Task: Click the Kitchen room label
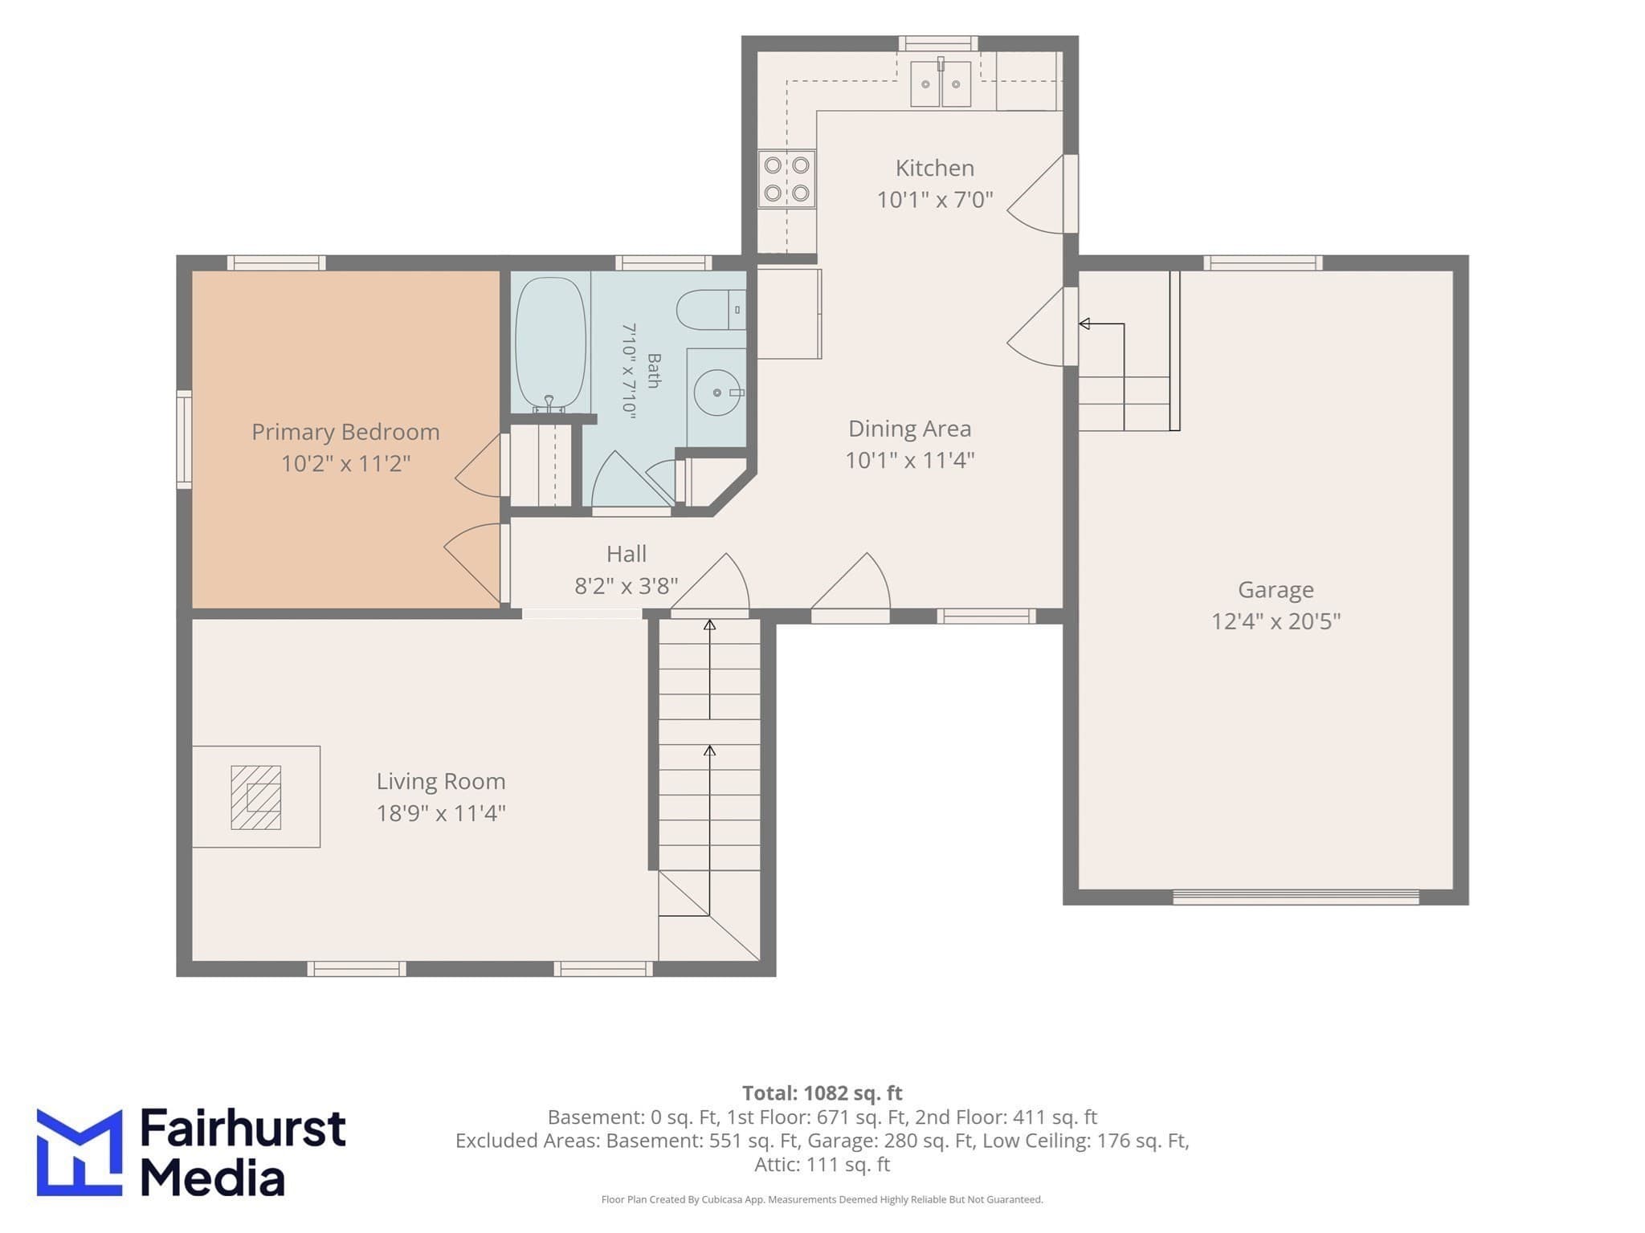click(x=934, y=168)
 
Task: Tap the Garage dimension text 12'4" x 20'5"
click(x=1276, y=621)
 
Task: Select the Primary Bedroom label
click(x=345, y=432)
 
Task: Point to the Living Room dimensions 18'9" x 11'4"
click(x=441, y=813)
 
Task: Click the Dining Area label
click(x=909, y=429)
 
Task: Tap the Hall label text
click(x=627, y=554)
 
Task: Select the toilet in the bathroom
click(x=711, y=310)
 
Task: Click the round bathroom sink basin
click(x=716, y=393)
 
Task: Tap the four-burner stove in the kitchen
click(x=786, y=179)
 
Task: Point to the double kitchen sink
click(x=941, y=83)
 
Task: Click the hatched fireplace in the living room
click(x=255, y=797)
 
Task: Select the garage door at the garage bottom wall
click(x=1296, y=897)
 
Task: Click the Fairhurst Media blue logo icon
click(x=80, y=1152)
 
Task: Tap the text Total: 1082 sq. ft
click(x=822, y=1093)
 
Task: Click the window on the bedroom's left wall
click(x=184, y=439)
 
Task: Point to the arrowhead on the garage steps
click(x=1084, y=324)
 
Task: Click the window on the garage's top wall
click(x=1263, y=262)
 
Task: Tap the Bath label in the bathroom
click(x=654, y=371)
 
